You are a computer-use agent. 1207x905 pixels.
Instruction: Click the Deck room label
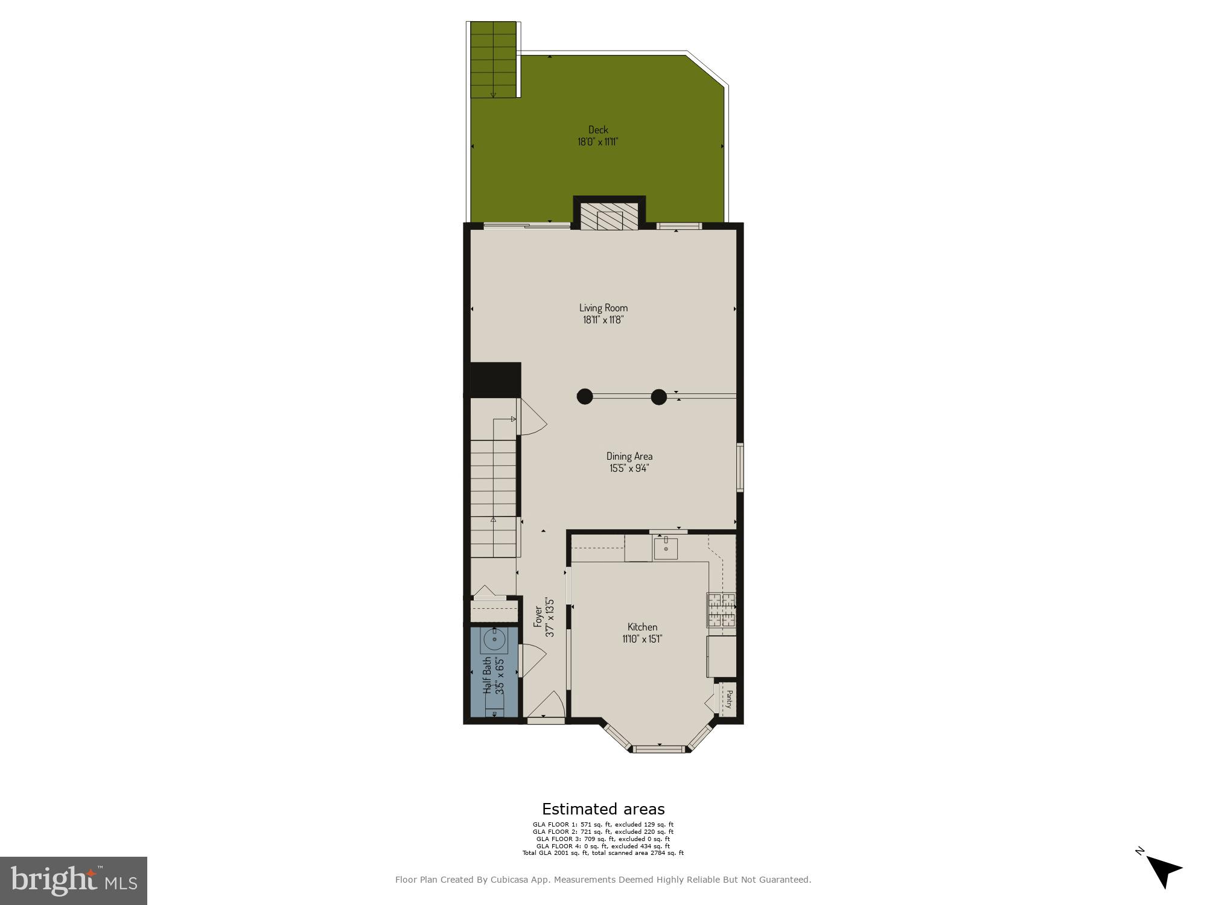pos(598,130)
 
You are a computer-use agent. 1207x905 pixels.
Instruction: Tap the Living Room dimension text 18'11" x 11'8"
pos(603,320)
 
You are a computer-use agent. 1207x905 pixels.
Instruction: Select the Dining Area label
pos(629,456)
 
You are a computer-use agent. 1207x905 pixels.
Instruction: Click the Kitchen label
pos(642,627)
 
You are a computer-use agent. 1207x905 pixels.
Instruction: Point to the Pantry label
pos(729,699)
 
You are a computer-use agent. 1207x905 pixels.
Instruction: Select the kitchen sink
pos(666,548)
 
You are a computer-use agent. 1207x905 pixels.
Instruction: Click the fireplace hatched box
pos(609,216)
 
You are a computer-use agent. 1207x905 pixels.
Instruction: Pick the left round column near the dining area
pos(584,396)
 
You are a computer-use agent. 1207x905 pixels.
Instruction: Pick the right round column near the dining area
pos(658,396)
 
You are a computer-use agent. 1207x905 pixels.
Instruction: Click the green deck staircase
pos(494,60)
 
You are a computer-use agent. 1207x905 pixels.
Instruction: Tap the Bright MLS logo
pos(74,880)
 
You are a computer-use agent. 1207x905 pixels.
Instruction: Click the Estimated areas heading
pos(603,809)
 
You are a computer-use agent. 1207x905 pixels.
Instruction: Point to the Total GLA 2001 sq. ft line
pos(603,853)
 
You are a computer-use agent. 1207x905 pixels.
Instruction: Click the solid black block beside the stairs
pos(495,379)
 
